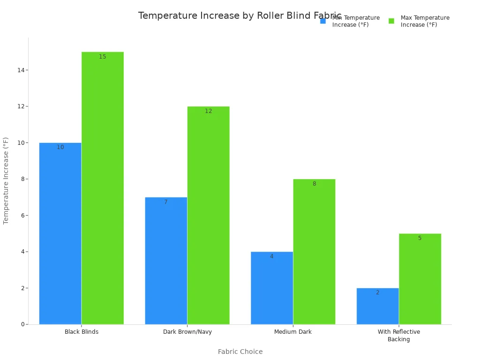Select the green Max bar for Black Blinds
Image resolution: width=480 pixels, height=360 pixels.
point(103,188)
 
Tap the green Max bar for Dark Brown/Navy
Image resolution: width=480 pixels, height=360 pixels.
point(208,215)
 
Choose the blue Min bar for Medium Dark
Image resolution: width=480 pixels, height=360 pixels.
point(272,288)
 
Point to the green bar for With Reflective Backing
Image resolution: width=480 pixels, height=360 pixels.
point(420,279)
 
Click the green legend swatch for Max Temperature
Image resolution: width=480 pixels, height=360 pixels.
point(391,21)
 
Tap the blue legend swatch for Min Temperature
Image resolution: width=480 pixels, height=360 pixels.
point(323,21)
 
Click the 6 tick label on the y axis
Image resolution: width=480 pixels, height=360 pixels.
point(22,216)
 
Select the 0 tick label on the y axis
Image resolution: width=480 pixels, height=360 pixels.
point(22,324)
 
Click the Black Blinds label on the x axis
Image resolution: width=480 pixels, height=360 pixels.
point(82,332)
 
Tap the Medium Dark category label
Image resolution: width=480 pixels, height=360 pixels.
point(293,332)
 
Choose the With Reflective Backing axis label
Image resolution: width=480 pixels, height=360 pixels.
point(399,336)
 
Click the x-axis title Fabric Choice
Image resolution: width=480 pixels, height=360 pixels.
point(240,352)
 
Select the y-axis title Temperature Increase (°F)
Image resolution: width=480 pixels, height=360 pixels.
point(6,180)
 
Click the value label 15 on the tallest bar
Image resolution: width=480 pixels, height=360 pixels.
point(103,57)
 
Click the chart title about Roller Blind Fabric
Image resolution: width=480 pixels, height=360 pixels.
point(240,16)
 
